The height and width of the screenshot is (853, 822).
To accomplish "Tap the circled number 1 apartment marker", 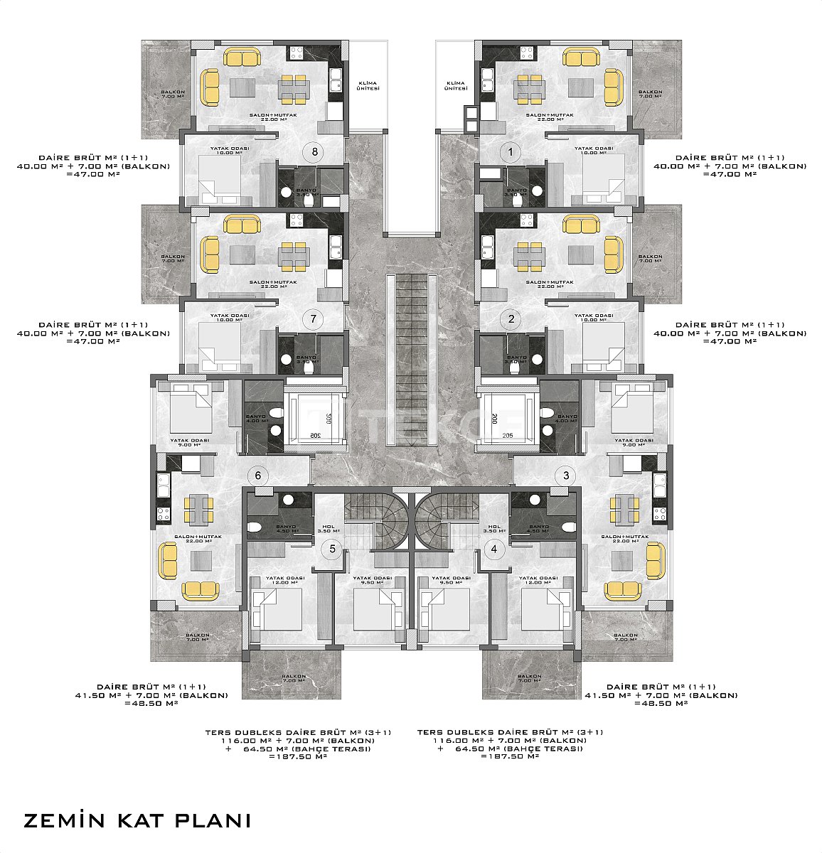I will tap(508, 151).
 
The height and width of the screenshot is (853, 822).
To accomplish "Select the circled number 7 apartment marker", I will tap(313, 319).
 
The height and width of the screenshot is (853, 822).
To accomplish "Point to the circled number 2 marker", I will tap(511, 319).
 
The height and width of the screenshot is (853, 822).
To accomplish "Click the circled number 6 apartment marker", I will tap(259, 476).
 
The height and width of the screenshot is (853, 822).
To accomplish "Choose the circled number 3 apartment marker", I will tap(566, 476).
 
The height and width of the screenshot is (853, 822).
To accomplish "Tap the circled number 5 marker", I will tap(331, 549).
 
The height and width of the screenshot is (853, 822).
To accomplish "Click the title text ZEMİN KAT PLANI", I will tap(137, 820).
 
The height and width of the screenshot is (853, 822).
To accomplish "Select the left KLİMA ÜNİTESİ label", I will tap(368, 85).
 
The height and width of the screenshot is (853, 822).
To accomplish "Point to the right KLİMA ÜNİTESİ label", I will tap(455, 85).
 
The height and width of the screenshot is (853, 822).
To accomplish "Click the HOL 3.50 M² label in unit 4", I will tap(493, 527).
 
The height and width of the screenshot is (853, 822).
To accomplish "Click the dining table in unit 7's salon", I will tap(294, 255).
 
